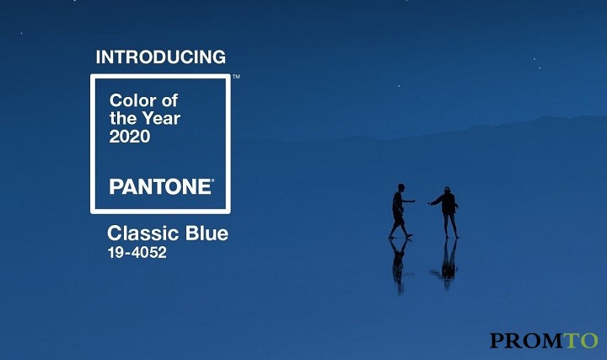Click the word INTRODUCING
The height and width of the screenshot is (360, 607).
click(x=161, y=56)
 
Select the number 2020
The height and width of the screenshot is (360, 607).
click(x=130, y=137)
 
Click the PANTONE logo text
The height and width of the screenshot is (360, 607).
click(x=160, y=186)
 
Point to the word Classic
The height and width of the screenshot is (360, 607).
click(x=143, y=234)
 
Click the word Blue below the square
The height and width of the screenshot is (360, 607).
click(x=207, y=234)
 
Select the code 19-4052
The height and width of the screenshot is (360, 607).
click(x=137, y=252)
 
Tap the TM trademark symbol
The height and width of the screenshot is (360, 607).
click(x=236, y=77)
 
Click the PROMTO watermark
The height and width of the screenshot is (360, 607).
click(x=544, y=341)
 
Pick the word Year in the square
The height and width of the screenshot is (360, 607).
click(x=161, y=118)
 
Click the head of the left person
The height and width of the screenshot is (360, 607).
click(x=401, y=187)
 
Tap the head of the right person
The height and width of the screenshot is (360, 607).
click(x=447, y=190)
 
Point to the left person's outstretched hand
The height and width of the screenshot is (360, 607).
click(x=412, y=201)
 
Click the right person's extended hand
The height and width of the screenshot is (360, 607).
click(x=430, y=203)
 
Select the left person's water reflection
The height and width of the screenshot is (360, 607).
click(x=399, y=266)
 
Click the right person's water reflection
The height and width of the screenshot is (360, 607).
click(x=447, y=264)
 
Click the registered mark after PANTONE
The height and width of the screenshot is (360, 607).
click(x=212, y=180)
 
